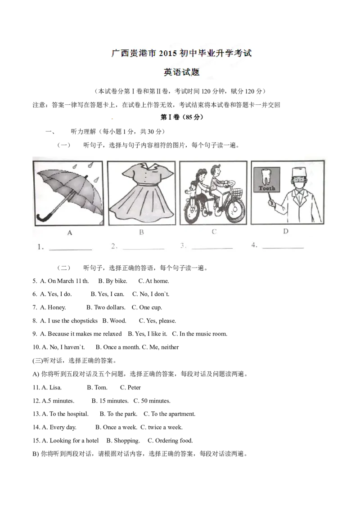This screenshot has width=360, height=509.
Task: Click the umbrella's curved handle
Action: pos(43,218)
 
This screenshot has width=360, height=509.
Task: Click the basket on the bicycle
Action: pos(238,192)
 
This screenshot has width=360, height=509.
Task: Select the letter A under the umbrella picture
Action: pos(70,233)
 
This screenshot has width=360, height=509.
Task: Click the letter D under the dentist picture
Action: pos(286,232)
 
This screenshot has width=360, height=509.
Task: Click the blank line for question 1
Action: pos(71,250)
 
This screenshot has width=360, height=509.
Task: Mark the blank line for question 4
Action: pos(283,248)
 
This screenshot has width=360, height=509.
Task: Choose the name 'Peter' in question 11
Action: pos(134,387)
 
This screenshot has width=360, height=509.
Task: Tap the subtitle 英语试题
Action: pos(181,72)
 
